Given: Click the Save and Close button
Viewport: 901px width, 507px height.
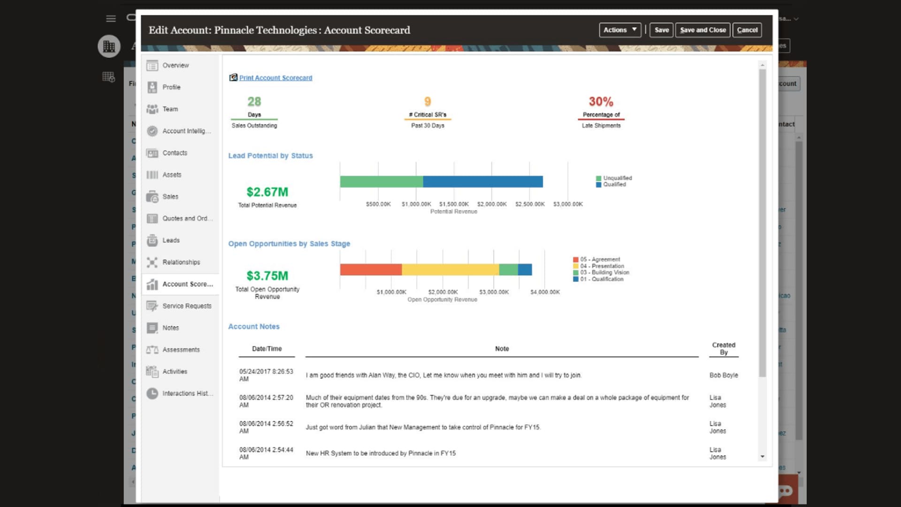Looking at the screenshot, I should (x=702, y=30).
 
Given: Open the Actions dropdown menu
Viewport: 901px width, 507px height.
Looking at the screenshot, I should (x=620, y=30).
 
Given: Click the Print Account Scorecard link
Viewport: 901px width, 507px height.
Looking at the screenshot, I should (x=275, y=78).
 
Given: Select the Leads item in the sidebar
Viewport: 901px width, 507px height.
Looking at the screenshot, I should (x=171, y=240).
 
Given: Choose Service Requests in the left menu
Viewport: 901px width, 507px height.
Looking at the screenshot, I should (x=186, y=306).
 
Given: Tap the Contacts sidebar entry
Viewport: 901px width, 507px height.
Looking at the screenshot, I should (x=175, y=153).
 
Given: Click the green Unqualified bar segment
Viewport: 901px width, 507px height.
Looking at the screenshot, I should (x=382, y=182).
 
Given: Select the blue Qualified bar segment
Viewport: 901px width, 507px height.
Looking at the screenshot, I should (x=483, y=182).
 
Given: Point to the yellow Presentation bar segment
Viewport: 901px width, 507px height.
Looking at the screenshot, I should (x=450, y=269).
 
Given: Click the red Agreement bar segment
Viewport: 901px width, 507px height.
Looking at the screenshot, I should (x=371, y=269).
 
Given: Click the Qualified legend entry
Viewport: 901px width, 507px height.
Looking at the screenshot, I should (x=614, y=184).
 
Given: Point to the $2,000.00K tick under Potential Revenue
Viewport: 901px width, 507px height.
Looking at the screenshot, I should (x=492, y=204).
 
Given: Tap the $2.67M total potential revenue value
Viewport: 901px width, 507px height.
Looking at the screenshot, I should (x=267, y=192).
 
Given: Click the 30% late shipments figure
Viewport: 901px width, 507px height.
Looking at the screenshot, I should (x=601, y=101).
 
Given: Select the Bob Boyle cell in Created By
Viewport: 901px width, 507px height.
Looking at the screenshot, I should (x=724, y=375).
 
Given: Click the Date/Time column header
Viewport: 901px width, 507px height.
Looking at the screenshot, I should (x=267, y=349).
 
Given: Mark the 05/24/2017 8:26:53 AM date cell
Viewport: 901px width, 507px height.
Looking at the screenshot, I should (x=266, y=375).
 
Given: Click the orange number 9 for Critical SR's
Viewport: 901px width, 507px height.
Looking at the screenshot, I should (x=428, y=101).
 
